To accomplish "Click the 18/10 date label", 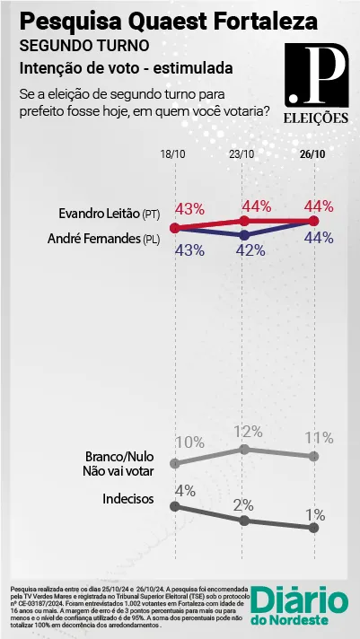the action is click(x=174, y=154).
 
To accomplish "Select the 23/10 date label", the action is click(x=242, y=154).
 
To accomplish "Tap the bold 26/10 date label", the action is click(x=313, y=154).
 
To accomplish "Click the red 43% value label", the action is click(x=189, y=209).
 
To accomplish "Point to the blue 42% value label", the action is click(x=250, y=250).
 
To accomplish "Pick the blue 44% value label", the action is click(x=320, y=237).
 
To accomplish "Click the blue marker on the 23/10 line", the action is click(x=244, y=235).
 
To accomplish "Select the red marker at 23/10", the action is click(x=244, y=221).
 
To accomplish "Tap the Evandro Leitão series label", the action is click(x=110, y=214).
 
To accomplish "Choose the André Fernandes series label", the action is click(x=103, y=240).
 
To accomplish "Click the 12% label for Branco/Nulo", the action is click(x=247, y=432).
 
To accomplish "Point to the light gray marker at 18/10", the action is click(x=175, y=463).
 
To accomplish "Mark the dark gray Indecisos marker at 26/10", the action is click(x=313, y=528).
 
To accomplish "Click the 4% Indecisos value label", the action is click(x=185, y=491).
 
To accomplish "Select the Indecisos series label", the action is click(x=128, y=498).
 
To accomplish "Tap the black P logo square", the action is click(x=317, y=75).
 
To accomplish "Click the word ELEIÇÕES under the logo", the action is click(x=316, y=118).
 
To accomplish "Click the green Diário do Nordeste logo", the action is click(x=300, y=606).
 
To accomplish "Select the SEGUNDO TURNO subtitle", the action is click(x=84, y=46).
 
